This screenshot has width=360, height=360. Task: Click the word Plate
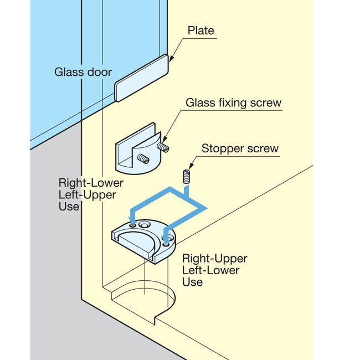(x=200, y=30)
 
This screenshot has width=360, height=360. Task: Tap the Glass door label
(x=83, y=72)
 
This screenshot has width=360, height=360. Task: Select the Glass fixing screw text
(x=233, y=102)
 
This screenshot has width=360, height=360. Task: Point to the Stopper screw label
(x=240, y=148)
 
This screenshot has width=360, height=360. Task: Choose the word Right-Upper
(x=215, y=259)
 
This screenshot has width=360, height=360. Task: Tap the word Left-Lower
(x=212, y=270)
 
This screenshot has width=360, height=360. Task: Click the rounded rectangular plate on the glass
(x=142, y=78)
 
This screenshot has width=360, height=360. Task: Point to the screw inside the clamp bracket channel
(x=142, y=160)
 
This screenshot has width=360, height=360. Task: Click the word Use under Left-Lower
(x=193, y=282)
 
